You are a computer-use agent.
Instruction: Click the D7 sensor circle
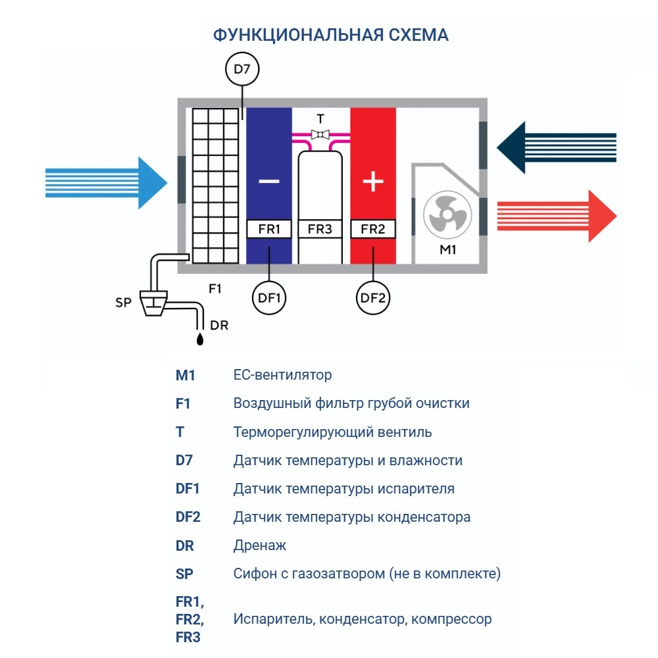242,69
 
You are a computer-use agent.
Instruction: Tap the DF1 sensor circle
269,298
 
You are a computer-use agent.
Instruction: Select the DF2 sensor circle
372,298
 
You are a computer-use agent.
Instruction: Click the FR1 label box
269,229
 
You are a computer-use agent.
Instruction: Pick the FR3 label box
320,229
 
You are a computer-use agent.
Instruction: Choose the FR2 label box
372,229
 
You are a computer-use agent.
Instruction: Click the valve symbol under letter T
320,135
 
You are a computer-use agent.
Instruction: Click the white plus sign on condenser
373,181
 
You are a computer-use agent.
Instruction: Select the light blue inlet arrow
105,182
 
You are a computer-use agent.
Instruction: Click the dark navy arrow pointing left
556,147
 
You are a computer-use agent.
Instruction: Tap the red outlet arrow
556,216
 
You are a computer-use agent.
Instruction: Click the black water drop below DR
200,339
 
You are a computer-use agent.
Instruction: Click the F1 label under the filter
215,288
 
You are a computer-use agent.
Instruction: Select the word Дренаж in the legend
260,545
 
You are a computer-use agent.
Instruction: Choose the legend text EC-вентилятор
282,375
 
